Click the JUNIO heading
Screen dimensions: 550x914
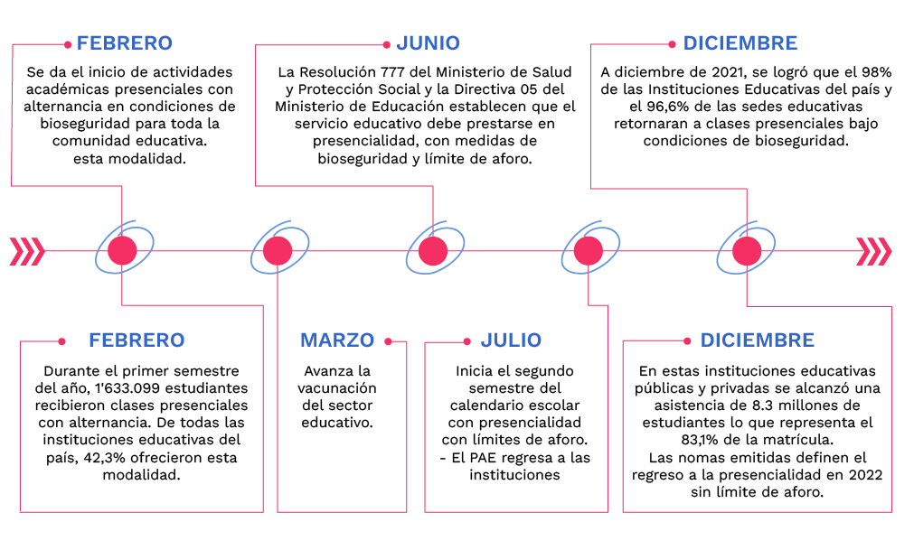pos(428,42)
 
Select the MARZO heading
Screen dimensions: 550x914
pos(336,340)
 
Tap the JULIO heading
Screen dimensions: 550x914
pos(511,340)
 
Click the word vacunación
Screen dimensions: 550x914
pos(337,387)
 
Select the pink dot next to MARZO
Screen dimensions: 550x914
pos(388,341)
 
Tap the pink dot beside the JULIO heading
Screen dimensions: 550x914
pos(466,341)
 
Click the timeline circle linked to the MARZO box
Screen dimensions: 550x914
pos(278,250)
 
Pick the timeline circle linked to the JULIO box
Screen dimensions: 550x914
pos(589,250)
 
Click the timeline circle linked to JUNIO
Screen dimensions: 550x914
pos(433,250)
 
